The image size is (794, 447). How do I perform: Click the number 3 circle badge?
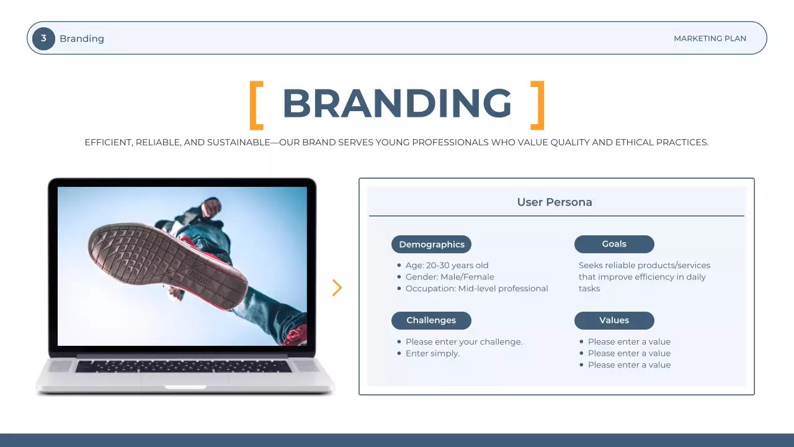[43, 38]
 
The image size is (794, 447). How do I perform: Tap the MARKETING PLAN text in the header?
[710, 38]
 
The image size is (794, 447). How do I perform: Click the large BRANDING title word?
[397, 104]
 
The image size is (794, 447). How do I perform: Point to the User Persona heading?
[555, 202]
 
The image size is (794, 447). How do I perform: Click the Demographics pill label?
[431, 245]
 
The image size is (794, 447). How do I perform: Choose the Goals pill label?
[614, 244]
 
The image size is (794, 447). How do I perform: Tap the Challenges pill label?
[431, 320]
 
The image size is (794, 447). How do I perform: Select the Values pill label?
[614, 320]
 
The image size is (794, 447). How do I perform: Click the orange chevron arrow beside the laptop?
[337, 287]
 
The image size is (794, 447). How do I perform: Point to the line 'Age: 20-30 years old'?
[447, 266]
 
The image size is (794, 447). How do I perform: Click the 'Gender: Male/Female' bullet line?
[450, 277]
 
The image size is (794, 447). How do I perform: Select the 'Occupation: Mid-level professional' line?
[476, 289]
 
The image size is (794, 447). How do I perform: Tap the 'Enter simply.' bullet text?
[432, 354]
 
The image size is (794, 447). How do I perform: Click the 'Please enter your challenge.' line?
[464, 342]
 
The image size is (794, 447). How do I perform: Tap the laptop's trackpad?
[185, 380]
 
